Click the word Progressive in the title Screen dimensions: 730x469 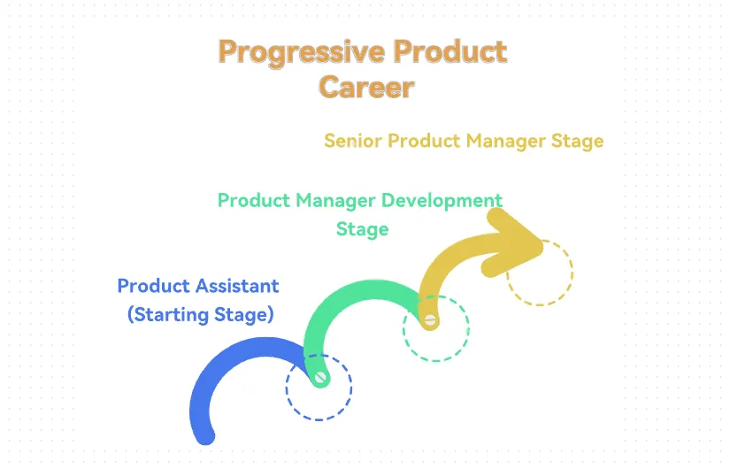click(x=302, y=53)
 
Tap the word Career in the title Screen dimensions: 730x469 click(x=367, y=87)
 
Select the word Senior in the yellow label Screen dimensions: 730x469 click(x=353, y=141)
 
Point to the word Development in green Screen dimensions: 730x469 click(x=442, y=201)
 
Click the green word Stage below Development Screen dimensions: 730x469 click(x=362, y=229)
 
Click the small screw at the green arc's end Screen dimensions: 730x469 click(x=321, y=377)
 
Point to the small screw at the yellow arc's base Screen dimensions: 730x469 click(x=430, y=320)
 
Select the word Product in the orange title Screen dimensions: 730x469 click(x=450, y=51)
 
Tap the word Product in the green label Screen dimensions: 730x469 click(x=254, y=201)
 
